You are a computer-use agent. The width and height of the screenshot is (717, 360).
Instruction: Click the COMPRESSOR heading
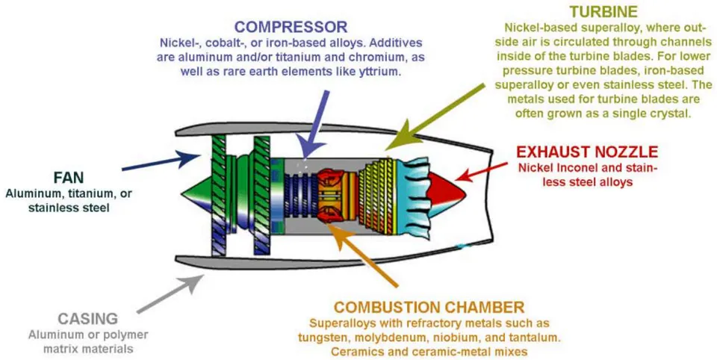[291, 27]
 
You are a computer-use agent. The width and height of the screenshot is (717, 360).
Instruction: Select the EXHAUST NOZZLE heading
[587, 152]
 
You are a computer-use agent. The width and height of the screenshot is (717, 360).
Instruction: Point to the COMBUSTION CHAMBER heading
[429, 306]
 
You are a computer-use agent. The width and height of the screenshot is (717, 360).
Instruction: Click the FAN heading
[69, 177]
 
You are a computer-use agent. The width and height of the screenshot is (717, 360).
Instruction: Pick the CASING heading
[88, 318]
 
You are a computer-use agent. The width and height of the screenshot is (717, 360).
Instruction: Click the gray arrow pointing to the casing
[170, 294]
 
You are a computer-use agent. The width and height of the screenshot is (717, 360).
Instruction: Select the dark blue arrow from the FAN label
[161, 161]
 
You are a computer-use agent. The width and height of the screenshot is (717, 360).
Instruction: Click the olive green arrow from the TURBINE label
[435, 117]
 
